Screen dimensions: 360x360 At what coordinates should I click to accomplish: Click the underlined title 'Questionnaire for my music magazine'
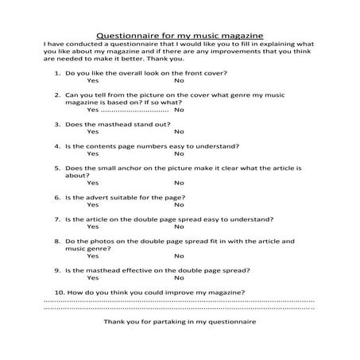tap(180, 36)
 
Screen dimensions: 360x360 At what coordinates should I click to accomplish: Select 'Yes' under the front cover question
tap(93, 81)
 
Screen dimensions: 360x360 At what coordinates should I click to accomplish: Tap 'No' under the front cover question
tap(179, 81)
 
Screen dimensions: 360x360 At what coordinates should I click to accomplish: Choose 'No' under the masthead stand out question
tap(179, 132)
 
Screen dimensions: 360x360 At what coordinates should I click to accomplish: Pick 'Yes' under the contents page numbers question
tap(93, 153)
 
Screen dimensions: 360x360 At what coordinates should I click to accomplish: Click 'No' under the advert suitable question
tap(179, 204)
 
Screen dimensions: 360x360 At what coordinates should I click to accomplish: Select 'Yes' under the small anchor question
tap(93, 183)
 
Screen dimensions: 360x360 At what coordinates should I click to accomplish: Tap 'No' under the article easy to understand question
tap(179, 226)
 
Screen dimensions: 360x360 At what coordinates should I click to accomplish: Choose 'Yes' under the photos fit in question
tap(93, 256)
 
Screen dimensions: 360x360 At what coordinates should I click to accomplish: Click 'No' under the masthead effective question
tap(179, 277)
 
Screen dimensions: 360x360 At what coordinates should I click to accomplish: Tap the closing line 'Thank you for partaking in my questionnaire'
tap(180, 323)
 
